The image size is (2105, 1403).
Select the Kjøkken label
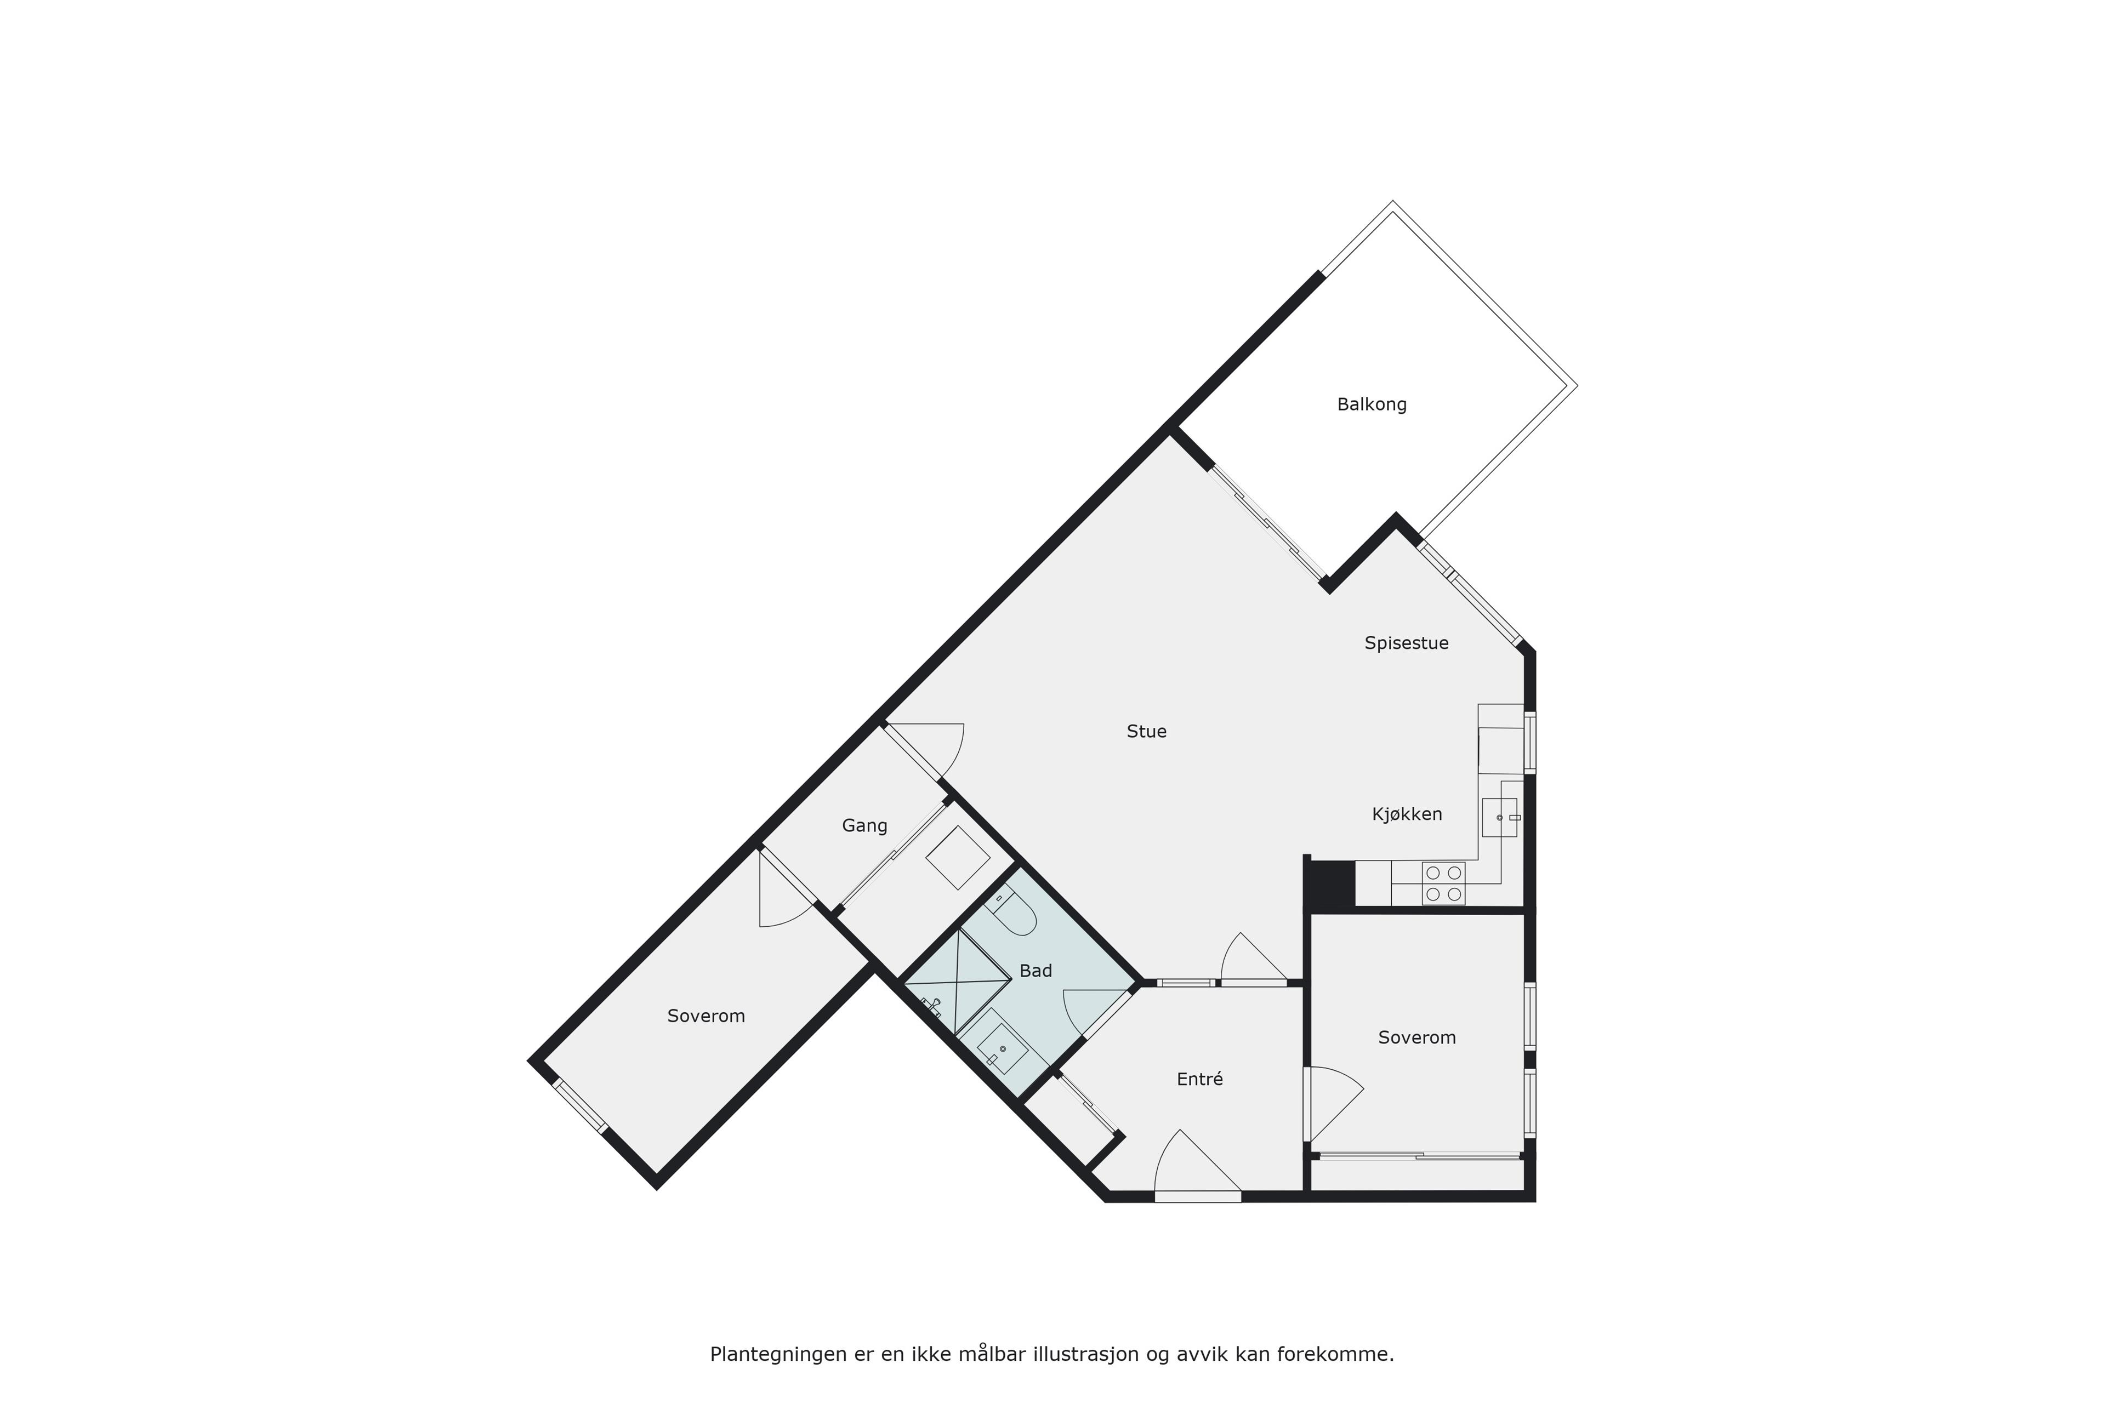pyautogui.click(x=1407, y=814)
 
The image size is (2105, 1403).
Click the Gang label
pyautogui.click(x=864, y=826)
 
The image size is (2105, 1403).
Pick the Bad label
pyautogui.click(x=1036, y=971)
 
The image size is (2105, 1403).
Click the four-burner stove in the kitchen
pyautogui.click(x=1443, y=883)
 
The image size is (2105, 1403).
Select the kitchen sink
pyautogui.click(x=1500, y=817)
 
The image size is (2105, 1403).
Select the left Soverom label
pyautogui.click(x=706, y=1017)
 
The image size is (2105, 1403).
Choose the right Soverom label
pyautogui.click(x=1416, y=1038)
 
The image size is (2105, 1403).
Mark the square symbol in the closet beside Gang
pyautogui.click(x=958, y=857)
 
